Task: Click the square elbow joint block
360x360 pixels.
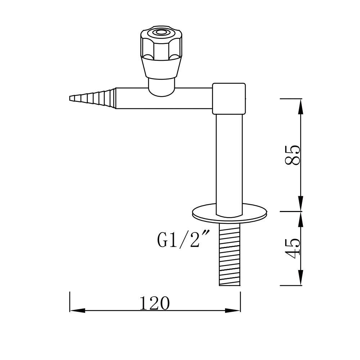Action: [229, 98]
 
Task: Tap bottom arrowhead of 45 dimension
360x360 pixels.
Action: [301, 279]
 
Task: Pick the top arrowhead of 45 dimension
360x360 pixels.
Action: [301, 218]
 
